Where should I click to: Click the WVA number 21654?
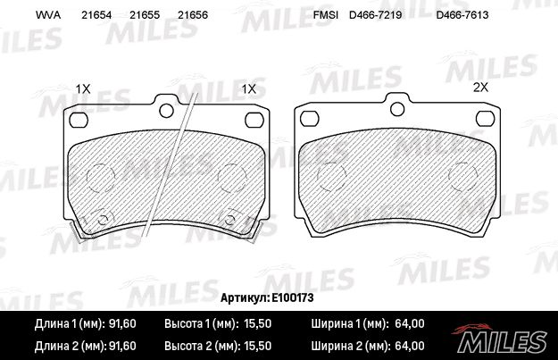click(96, 15)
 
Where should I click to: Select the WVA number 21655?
click(145, 15)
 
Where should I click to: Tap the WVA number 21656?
click(193, 15)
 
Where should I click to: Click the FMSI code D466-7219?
click(376, 15)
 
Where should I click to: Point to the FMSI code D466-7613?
click(462, 15)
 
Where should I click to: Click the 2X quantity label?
click(481, 88)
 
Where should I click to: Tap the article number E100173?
click(293, 297)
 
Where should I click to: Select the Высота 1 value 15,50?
click(257, 323)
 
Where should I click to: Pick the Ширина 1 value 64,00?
click(410, 323)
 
